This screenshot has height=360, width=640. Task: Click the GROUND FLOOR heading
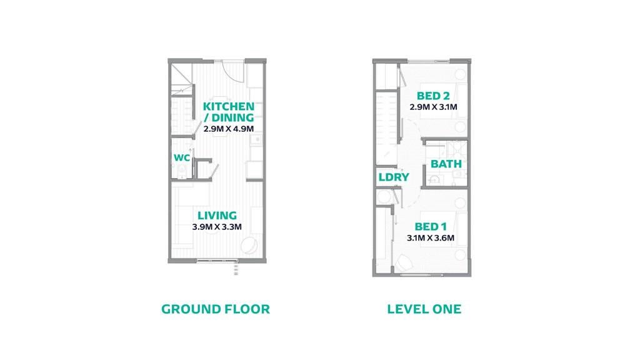click(x=216, y=309)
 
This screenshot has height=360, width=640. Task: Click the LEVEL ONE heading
click(x=424, y=309)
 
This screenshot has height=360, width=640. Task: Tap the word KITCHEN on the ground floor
click(x=229, y=106)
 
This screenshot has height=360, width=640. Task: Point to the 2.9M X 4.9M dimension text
click(x=229, y=129)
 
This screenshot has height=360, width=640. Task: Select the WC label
click(x=182, y=157)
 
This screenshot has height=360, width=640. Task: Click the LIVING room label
click(x=217, y=215)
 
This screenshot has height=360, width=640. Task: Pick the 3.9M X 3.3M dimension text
click(x=217, y=226)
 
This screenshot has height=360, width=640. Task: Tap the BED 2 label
click(x=433, y=96)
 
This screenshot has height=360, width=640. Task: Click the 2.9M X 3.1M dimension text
click(x=433, y=107)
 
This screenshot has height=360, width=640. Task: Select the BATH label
click(x=446, y=164)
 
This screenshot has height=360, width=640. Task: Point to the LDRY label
click(x=394, y=177)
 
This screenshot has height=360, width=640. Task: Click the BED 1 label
click(x=431, y=226)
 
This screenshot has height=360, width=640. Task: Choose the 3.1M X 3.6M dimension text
click(x=431, y=238)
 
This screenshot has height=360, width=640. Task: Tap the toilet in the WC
click(x=182, y=171)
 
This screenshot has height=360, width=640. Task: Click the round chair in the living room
click(x=249, y=246)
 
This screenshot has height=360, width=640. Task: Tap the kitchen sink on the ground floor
click(x=256, y=140)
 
